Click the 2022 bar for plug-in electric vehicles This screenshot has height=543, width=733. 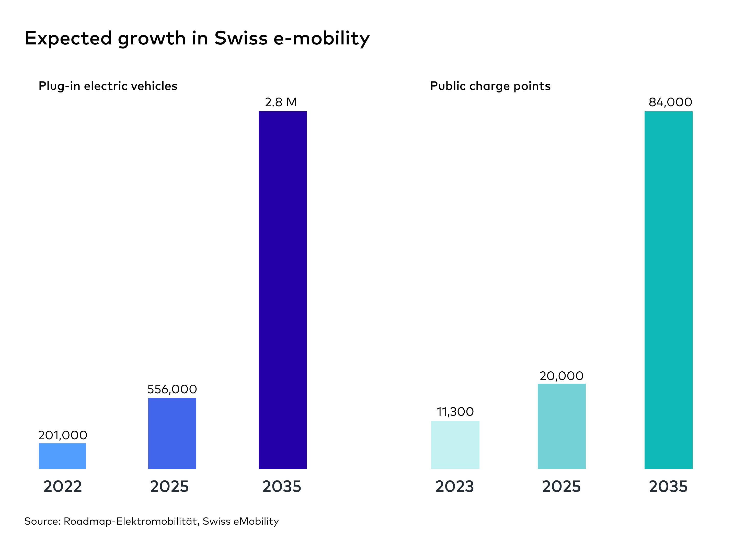[x=62, y=456]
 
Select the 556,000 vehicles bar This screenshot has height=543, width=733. [x=172, y=433]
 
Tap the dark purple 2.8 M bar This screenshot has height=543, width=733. [x=282, y=290]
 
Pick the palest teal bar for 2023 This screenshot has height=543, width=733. [x=455, y=445]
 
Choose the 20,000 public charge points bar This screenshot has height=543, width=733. [x=561, y=426]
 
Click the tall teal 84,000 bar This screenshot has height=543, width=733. [x=668, y=290]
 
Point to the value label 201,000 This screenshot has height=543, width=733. [x=62, y=435]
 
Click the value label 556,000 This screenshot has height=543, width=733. [x=172, y=389]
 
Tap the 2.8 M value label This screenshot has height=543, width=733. [x=281, y=102]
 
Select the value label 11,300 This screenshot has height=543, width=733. [x=455, y=411]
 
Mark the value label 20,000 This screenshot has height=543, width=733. [x=561, y=376]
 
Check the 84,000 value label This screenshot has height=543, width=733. [x=670, y=102]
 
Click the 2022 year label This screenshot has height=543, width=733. [x=62, y=487]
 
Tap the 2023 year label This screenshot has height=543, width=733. [x=454, y=487]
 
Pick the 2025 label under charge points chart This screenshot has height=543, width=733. [x=561, y=487]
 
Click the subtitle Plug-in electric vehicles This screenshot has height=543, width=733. [x=108, y=86]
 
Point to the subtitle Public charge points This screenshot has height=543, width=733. [x=490, y=86]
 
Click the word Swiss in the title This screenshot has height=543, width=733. [x=241, y=38]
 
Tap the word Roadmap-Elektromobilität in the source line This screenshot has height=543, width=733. [x=130, y=521]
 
